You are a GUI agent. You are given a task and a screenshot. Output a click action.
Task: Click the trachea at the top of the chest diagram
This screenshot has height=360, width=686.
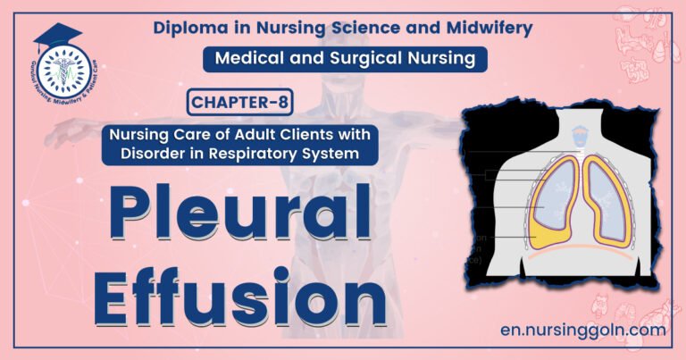[x=580, y=135]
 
